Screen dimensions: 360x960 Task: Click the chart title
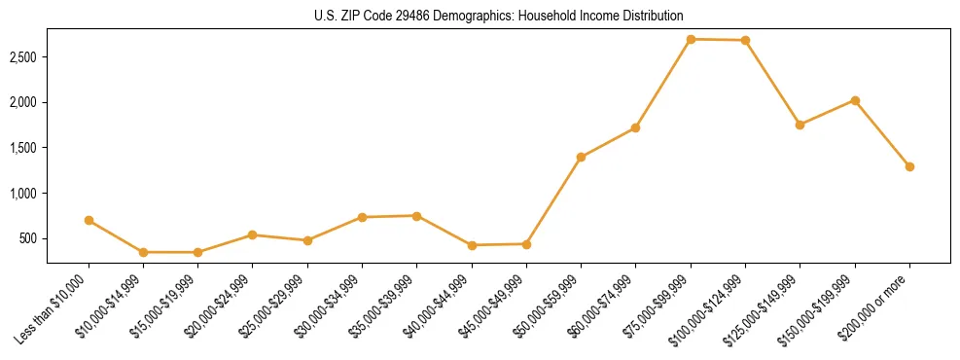(x=480, y=17)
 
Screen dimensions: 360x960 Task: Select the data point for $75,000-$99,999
(x=691, y=39)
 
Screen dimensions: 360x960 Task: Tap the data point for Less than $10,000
(x=89, y=220)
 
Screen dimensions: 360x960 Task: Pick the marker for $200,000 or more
(x=909, y=166)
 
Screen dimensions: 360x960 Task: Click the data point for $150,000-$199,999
(x=855, y=100)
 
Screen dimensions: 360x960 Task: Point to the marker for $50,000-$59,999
(x=581, y=157)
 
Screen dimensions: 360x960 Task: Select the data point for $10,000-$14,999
(x=143, y=252)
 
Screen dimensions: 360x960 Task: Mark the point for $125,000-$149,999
(x=800, y=125)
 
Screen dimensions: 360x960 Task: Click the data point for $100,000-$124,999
(x=745, y=40)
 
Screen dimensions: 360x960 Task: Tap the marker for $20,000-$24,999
(x=252, y=234)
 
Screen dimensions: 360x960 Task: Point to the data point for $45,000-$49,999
(x=526, y=243)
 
